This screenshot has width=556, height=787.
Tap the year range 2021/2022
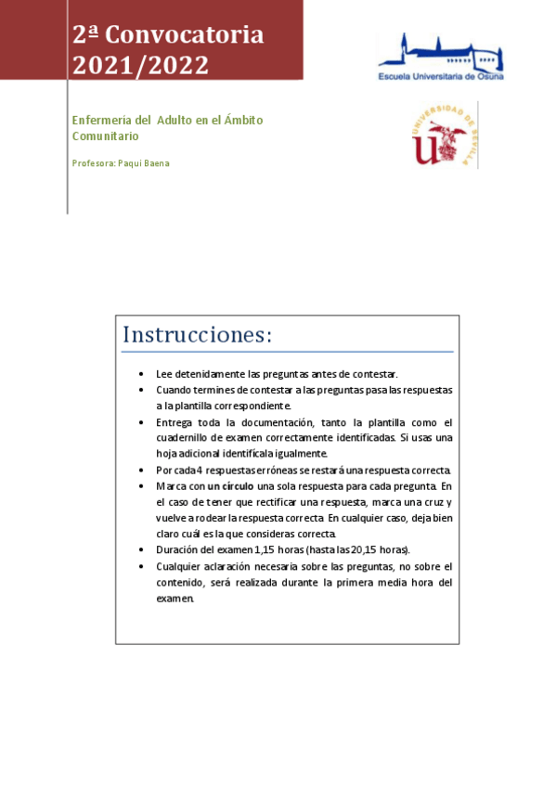141,66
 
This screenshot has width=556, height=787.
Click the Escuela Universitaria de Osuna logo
439,58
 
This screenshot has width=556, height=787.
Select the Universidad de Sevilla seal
445,135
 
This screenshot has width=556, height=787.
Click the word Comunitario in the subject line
106,135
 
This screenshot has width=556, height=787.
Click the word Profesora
93,163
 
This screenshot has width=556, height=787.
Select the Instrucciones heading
197,334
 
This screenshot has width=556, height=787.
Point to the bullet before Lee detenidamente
140,373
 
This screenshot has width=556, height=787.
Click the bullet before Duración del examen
140,549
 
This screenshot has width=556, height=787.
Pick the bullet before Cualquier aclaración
140,566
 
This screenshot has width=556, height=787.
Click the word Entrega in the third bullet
174,421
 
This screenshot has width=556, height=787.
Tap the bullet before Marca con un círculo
140,485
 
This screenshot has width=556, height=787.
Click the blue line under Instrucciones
288,352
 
